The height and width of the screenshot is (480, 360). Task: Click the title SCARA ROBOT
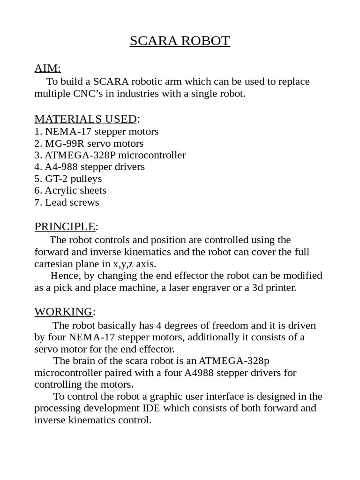180,41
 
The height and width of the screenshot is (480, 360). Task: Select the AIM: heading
47,68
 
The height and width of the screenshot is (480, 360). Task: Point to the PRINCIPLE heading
65,227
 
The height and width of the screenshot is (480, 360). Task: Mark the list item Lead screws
72,202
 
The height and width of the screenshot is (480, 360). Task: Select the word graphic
139,396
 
